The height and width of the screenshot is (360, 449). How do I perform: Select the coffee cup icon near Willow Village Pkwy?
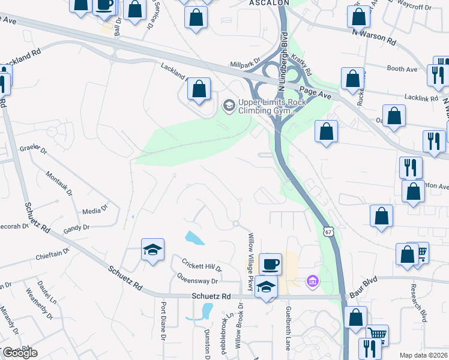tap(270, 263)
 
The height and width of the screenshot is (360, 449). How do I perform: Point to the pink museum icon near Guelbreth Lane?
tap(312, 280)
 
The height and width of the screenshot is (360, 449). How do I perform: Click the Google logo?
tap(19, 353)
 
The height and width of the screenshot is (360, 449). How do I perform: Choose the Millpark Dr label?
tap(245, 62)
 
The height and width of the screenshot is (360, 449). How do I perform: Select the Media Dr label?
tap(95, 210)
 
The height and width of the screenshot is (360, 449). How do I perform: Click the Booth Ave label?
tap(402, 69)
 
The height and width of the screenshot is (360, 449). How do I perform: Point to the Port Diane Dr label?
tap(163, 319)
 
